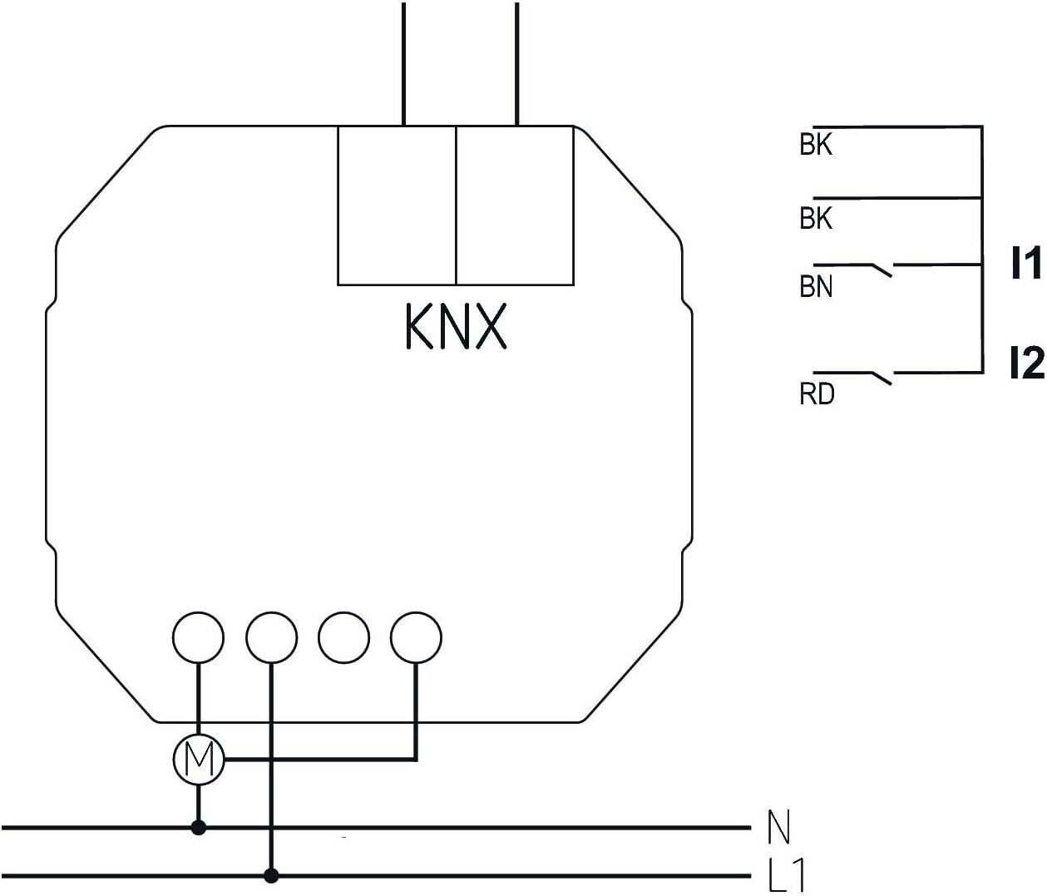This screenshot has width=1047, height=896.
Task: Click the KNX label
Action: pyautogui.click(x=456, y=326)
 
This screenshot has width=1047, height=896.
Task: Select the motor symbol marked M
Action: pyautogui.click(x=199, y=759)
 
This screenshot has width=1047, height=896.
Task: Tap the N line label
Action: pyautogui.click(x=779, y=827)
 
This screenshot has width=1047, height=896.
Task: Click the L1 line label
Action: pyautogui.click(x=786, y=874)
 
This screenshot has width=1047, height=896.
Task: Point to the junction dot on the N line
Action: pyautogui.click(x=199, y=828)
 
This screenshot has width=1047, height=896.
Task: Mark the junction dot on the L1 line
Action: pyautogui.click(x=271, y=875)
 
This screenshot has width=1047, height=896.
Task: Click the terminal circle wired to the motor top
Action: pyautogui.click(x=198, y=637)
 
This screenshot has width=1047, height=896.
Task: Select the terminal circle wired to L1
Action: pyautogui.click(x=271, y=637)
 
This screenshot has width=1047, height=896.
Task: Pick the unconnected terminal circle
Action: pyautogui.click(x=344, y=637)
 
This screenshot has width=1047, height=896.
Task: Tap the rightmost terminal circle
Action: pyautogui.click(x=416, y=637)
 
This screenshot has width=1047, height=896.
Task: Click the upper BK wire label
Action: pyautogui.click(x=816, y=145)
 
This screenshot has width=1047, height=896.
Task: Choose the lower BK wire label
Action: pyautogui.click(x=816, y=219)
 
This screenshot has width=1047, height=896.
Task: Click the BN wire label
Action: pyautogui.click(x=816, y=286)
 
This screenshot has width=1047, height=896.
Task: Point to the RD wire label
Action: pyautogui.click(x=817, y=394)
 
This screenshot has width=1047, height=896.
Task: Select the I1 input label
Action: pyautogui.click(x=1025, y=263)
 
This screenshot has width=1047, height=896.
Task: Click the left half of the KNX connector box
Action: pyautogui.click(x=398, y=205)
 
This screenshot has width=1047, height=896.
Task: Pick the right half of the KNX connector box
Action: pyautogui.click(x=515, y=205)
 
